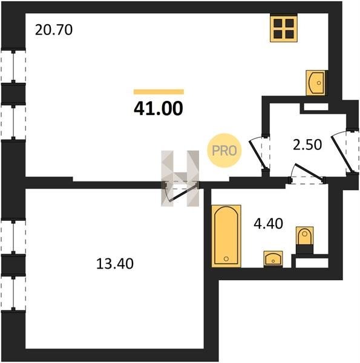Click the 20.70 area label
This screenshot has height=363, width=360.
tap(54, 30)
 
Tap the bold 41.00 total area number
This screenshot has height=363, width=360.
tap(159, 108)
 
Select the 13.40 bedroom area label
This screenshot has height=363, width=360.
tap(115, 264)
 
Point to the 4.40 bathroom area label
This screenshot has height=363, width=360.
tap(268, 224)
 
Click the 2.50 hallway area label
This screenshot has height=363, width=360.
tap(307, 145)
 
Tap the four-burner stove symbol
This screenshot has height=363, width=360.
tap(284, 28)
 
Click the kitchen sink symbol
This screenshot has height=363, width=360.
tap(315, 83)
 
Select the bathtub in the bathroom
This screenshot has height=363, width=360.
tap(226, 236)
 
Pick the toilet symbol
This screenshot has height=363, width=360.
tap(305, 240)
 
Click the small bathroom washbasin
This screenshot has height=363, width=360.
tap(273, 259)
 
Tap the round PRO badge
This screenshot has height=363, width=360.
tap(224, 151)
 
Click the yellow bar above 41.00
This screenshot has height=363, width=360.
tap(159, 92)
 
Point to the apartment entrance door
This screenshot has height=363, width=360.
tap(342, 154)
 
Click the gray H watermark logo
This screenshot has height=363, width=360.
tap(180, 178)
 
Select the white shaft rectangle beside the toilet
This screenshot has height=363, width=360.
tap(312, 263)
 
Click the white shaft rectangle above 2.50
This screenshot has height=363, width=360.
tap(316, 106)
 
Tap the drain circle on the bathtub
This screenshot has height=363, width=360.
tap(226, 258)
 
